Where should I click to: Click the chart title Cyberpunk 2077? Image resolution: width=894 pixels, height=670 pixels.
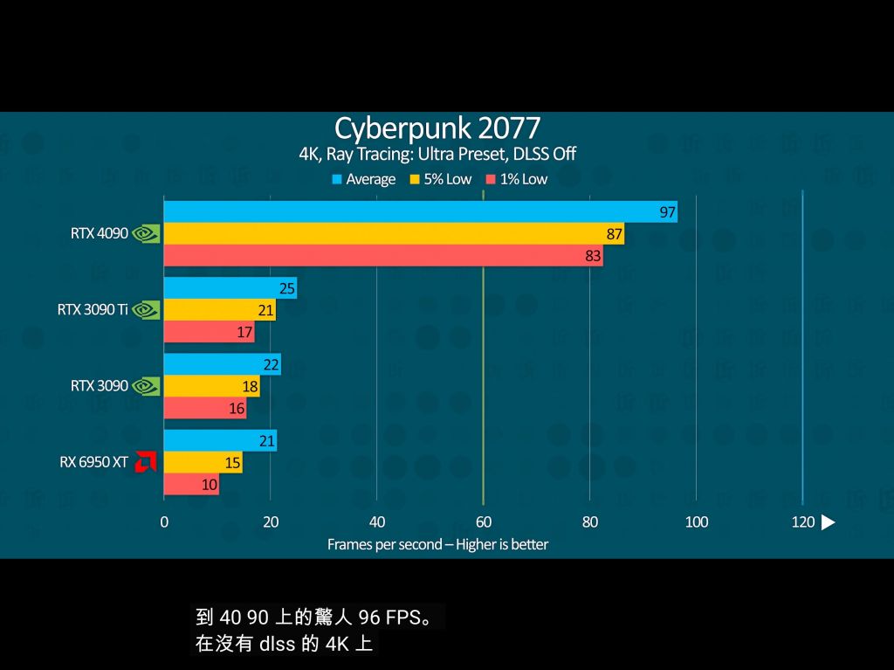(x=437, y=128)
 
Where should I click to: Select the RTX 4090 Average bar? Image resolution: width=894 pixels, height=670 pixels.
(x=419, y=212)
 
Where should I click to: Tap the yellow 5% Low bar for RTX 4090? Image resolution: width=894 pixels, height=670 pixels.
(x=393, y=234)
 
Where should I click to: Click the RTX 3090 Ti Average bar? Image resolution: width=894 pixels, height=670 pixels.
(x=230, y=288)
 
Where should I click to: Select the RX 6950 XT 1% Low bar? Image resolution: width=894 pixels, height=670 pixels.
(x=191, y=485)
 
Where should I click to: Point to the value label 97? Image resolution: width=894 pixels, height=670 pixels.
(x=668, y=212)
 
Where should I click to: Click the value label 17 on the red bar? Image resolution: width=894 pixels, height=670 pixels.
(x=244, y=333)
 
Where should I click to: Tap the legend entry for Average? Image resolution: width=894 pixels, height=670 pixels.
(x=364, y=179)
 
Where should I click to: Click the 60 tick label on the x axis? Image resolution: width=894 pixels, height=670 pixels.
(x=483, y=522)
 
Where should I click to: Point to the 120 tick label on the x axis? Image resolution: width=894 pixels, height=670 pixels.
(x=802, y=522)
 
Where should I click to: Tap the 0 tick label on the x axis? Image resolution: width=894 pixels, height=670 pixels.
(x=164, y=522)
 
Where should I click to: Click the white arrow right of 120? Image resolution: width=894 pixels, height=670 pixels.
(x=829, y=522)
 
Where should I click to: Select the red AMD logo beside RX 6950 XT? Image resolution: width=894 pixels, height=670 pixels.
(x=145, y=462)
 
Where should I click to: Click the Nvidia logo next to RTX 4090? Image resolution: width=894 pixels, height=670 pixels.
(x=146, y=234)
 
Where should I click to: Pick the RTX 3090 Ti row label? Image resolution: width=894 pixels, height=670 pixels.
(x=93, y=310)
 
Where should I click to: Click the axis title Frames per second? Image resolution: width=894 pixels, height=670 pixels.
(x=437, y=544)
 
